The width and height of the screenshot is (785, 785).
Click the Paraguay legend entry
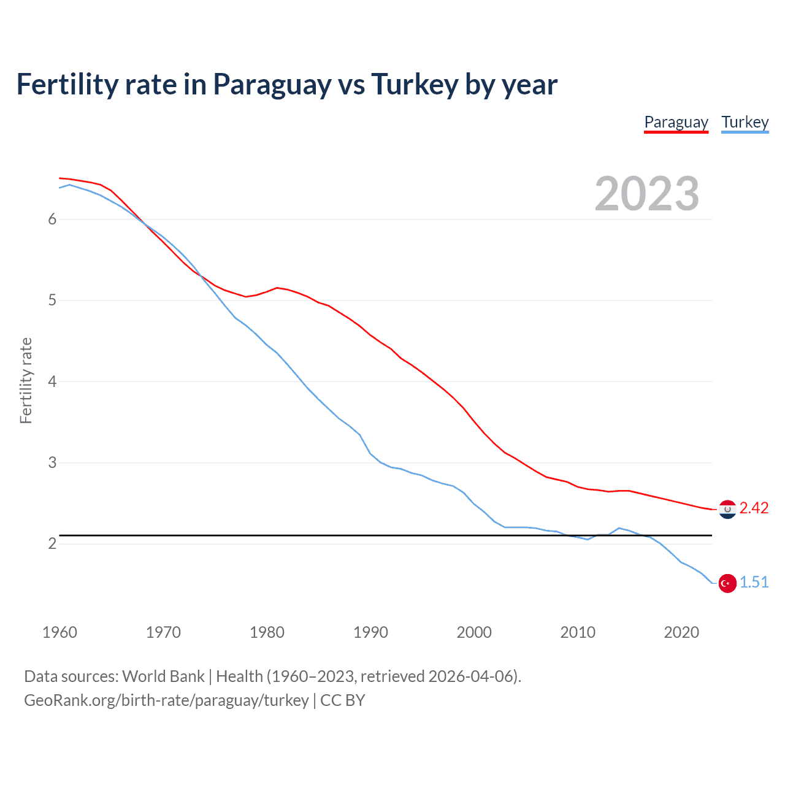(x=676, y=122)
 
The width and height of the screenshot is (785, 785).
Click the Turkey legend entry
(x=745, y=122)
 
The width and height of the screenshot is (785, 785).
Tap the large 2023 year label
(x=646, y=194)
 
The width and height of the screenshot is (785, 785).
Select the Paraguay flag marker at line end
(x=727, y=509)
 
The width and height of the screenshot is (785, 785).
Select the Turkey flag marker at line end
(x=727, y=583)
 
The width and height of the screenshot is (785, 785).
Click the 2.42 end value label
(x=754, y=508)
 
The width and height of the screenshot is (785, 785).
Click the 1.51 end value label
(x=754, y=583)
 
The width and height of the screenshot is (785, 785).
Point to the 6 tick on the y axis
(x=52, y=220)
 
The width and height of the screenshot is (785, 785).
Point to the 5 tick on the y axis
(x=52, y=301)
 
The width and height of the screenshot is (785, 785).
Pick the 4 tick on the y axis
(x=52, y=381)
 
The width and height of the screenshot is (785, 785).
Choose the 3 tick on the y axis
(x=52, y=462)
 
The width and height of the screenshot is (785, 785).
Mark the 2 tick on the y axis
(x=52, y=544)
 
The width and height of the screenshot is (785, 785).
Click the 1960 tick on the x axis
(x=59, y=632)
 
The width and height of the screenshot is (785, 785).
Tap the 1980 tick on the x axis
(x=267, y=632)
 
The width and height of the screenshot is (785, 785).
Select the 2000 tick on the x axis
(x=474, y=632)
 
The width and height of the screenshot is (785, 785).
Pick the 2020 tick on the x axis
(x=681, y=632)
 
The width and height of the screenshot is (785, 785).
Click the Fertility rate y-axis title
(x=26, y=380)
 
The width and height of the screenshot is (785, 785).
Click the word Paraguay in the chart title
(x=272, y=85)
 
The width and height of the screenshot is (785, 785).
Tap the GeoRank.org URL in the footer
(x=166, y=700)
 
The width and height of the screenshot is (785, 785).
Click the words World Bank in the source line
(x=163, y=676)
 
